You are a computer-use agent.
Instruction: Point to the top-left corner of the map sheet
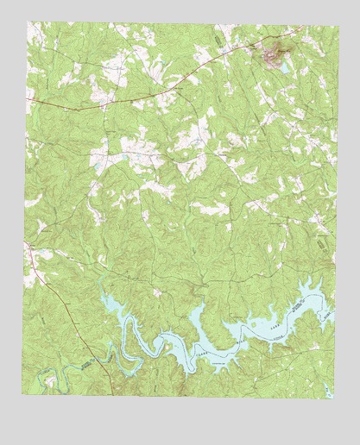26,22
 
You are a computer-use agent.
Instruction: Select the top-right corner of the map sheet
332,22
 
